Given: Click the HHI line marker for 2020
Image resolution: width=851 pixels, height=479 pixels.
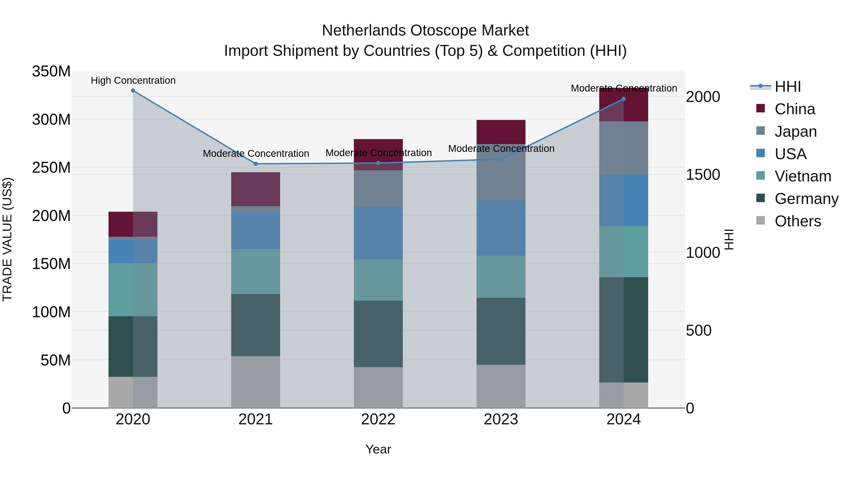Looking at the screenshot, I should [133, 91].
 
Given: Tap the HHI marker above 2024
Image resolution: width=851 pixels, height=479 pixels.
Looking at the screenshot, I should [624, 99].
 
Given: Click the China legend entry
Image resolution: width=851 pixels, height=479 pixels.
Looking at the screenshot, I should [795, 109].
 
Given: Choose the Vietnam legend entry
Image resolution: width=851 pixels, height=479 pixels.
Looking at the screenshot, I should [803, 176].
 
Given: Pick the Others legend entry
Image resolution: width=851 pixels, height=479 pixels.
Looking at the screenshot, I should [798, 221].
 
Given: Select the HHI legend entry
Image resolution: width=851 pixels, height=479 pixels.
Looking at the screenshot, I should [788, 87].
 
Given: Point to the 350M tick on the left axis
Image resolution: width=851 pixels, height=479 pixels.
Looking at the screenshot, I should [51, 71].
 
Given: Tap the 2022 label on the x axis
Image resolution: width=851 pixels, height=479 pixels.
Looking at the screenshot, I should [378, 419].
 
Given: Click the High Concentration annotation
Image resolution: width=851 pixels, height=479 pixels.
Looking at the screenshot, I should [133, 80].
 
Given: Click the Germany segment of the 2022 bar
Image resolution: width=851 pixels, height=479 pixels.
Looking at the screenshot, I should [378, 334].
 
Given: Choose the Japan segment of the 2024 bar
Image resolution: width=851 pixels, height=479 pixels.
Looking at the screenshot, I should [624, 148].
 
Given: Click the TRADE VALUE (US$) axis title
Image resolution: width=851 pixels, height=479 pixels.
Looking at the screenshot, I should [7, 239].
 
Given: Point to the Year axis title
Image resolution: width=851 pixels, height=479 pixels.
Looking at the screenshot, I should [378, 449].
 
